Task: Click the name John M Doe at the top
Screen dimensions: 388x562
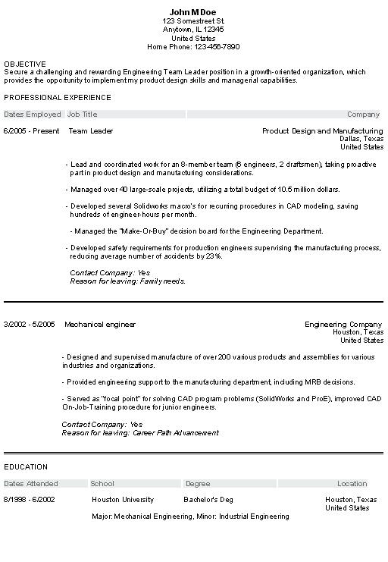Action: (193, 11)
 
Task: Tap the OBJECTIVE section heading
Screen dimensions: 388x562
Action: (25, 64)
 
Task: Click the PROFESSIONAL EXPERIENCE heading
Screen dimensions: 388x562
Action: (58, 98)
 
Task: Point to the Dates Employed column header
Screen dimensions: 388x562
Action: (33, 115)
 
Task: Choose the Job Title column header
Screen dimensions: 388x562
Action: (83, 115)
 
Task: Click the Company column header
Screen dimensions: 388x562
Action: (363, 115)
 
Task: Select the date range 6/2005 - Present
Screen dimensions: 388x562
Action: (31, 131)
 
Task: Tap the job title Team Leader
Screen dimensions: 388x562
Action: (90, 131)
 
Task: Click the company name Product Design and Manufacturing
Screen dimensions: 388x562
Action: (323, 131)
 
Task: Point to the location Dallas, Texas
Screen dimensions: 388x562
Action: (361, 140)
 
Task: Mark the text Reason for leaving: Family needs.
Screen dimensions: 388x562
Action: (127, 281)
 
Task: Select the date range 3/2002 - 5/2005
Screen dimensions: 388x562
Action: (29, 325)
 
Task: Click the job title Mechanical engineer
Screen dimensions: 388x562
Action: (100, 325)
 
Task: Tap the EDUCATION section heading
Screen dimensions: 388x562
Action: (26, 467)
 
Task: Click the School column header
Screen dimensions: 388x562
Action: (102, 484)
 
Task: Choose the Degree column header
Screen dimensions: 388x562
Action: (198, 484)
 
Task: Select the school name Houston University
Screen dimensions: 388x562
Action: (123, 500)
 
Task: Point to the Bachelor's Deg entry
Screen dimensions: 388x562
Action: (208, 500)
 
